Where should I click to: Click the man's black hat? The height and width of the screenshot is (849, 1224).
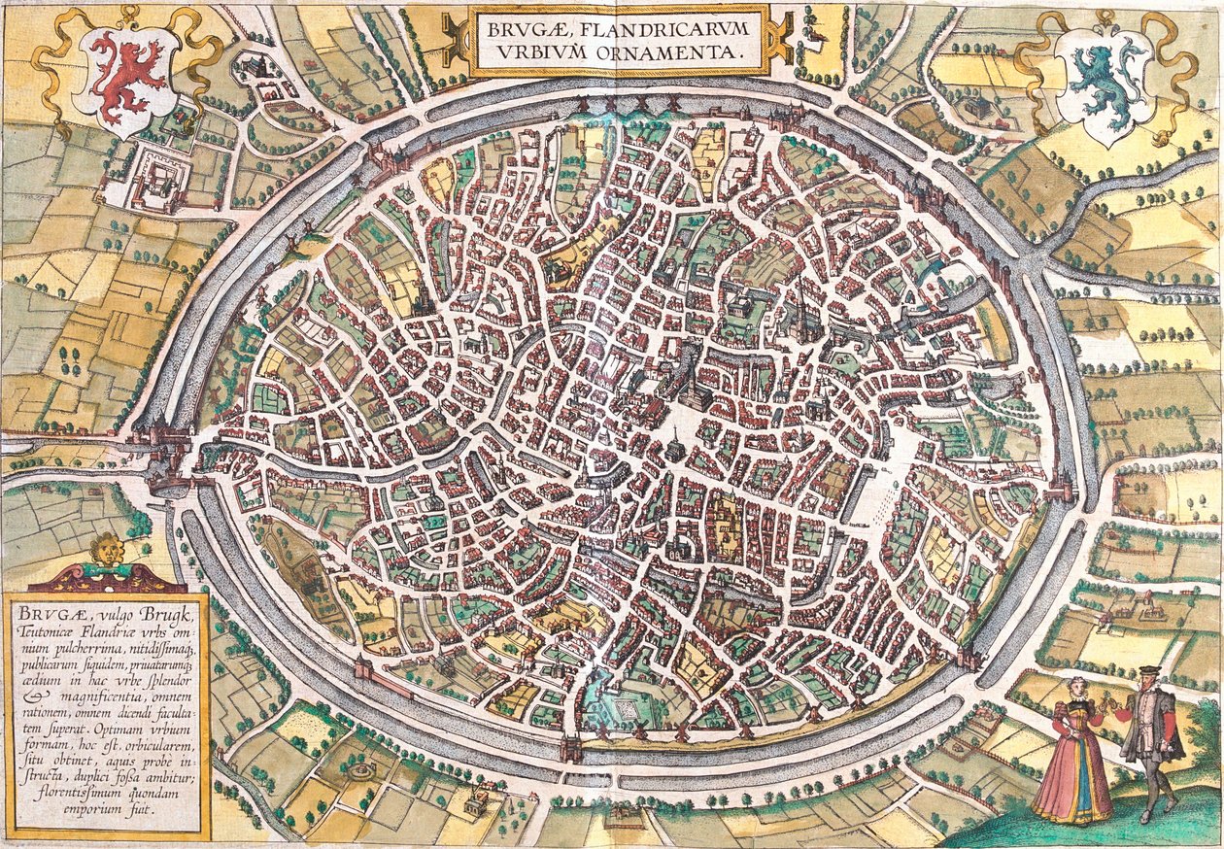click(x=1148, y=671)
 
